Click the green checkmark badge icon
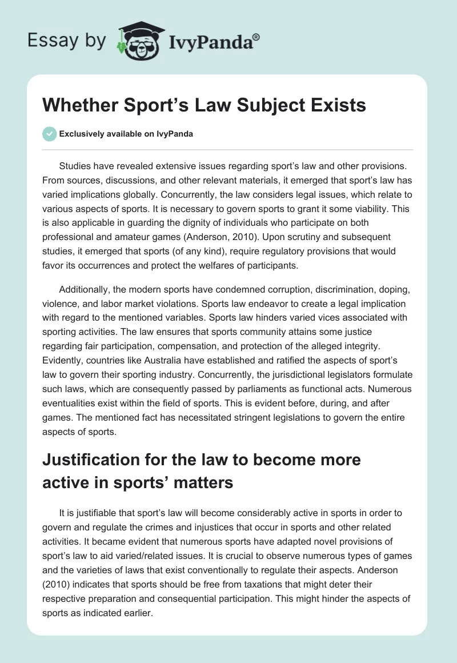tap(49, 134)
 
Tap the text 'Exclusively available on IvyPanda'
tap(126, 134)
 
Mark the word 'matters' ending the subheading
tap(203, 483)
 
